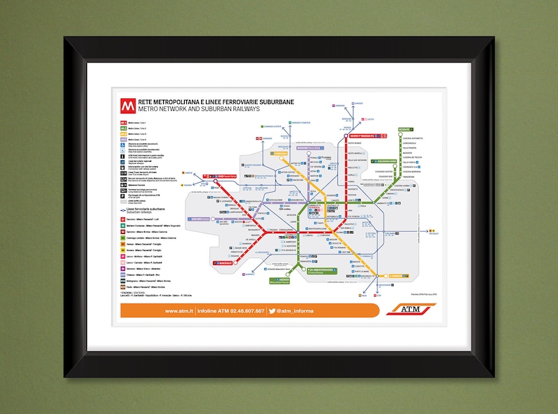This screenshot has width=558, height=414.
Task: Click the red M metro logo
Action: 127,106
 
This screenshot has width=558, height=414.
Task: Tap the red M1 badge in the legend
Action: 123,124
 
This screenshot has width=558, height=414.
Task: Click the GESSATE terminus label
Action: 405,130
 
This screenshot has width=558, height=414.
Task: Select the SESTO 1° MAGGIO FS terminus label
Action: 356,136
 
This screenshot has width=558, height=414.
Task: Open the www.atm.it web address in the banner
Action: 179,311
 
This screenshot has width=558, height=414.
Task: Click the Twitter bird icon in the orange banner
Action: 272,311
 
